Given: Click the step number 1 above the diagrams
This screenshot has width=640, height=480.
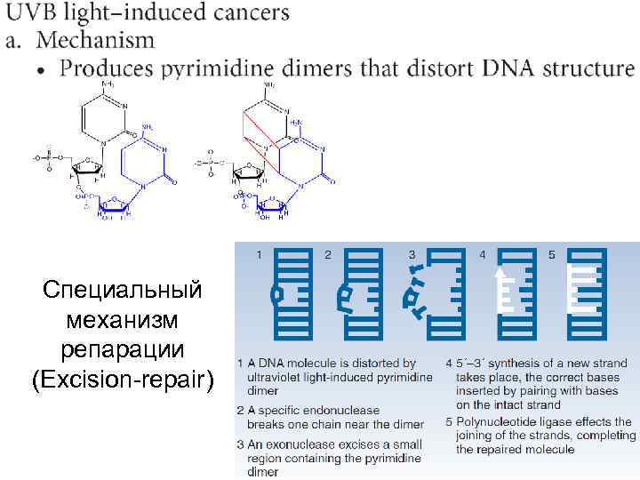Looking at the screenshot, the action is click(259, 254).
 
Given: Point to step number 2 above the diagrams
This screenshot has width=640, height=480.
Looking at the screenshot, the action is click(328, 254).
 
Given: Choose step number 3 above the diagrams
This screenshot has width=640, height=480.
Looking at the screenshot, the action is click(412, 254).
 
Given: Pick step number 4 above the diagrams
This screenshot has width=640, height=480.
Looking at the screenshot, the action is click(483, 254).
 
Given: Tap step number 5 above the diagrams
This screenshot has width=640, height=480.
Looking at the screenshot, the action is click(552, 254).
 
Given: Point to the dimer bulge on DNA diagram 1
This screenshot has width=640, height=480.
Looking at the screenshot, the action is click(278, 293).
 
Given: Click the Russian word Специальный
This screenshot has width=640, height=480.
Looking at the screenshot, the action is click(124, 290).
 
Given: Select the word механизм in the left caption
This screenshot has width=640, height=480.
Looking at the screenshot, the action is click(124, 319).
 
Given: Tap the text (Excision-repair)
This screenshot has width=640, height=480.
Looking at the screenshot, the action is click(124, 380).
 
